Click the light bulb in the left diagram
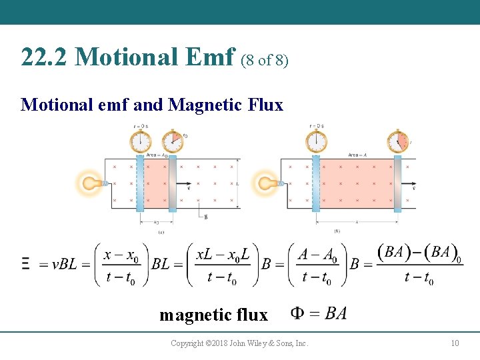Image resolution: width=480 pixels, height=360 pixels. coord(89,183)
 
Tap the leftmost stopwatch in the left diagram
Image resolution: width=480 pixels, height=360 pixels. coord(140,141)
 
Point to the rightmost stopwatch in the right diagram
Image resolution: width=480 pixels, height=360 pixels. coord(398,141)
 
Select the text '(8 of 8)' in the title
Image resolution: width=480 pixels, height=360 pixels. coord(265,60)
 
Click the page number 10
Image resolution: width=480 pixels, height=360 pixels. coord(455,343)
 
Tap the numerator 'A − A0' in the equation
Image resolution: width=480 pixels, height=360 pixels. coord(317,254)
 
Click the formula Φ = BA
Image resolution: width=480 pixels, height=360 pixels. coord(319,313)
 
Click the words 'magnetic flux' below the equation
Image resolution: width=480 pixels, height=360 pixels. coord(213,315)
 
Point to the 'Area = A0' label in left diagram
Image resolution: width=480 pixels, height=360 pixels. coord(158,155)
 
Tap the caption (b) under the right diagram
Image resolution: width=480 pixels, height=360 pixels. coord(337,231)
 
